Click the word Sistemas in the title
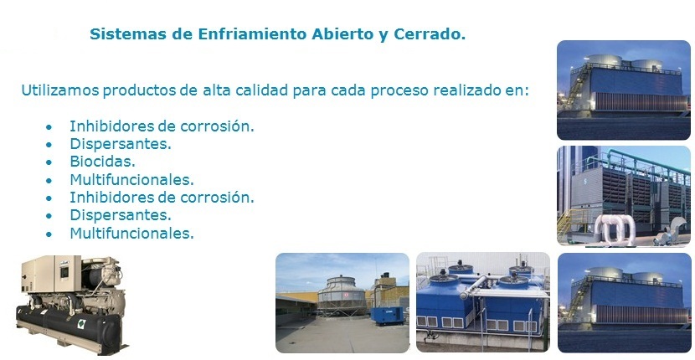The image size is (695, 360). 120,34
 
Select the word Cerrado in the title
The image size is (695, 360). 430,34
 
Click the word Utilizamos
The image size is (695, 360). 60,90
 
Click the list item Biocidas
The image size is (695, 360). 102,162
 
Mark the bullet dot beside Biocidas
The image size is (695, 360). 49,162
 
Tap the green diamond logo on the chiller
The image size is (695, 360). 81,324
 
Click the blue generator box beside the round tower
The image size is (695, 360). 387,316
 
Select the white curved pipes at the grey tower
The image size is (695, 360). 615,229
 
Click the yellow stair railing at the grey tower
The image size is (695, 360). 570,223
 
